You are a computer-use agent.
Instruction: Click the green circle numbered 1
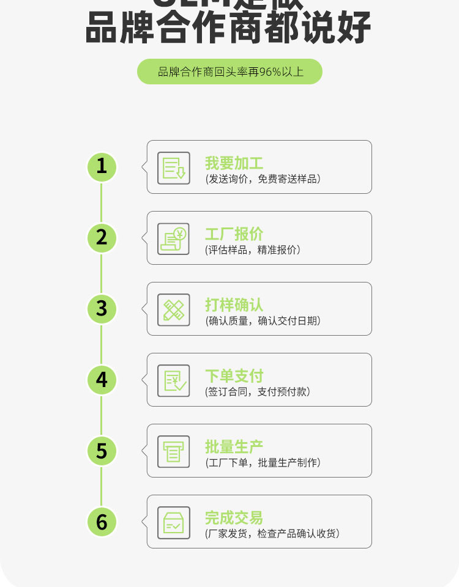tap(102, 166)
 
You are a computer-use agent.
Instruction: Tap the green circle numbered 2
tap(102, 237)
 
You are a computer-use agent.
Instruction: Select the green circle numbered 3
tap(102, 308)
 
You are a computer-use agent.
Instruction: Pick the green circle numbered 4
tap(102, 380)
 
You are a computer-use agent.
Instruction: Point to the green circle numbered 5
tap(102, 451)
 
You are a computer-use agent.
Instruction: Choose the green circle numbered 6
tap(102, 522)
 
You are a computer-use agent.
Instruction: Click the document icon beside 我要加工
tap(174, 168)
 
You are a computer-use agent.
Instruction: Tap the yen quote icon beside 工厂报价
tap(174, 238)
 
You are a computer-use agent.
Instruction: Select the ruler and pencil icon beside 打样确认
tap(174, 309)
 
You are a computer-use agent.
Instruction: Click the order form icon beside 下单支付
tap(174, 380)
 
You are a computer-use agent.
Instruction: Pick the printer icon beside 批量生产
tap(174, 451)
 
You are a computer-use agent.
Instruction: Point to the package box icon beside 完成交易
tap(174, 522)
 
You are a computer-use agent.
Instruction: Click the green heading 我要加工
tap(234, 163)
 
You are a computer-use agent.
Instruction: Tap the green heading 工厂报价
tap(234, 234)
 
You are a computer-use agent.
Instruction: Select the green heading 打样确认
tap(234, 305)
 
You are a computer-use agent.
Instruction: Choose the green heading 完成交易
tap(234, 518)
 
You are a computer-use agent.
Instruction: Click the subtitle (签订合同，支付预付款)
tap(258, 392)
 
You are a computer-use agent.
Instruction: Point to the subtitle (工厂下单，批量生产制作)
tap(263, 463)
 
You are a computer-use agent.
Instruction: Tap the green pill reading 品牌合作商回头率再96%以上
tap(229, 72)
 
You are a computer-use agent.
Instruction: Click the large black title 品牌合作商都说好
tap(229, 28)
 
